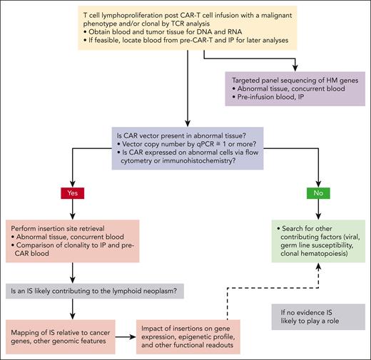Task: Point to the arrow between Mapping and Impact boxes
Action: [x=130, y=333]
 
